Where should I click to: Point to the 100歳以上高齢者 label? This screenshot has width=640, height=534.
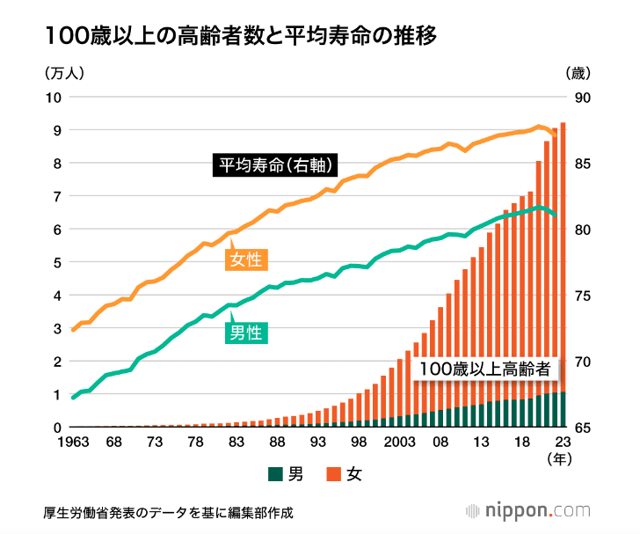489,369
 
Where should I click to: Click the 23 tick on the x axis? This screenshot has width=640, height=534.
563,443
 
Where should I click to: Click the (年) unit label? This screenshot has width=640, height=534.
559,459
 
